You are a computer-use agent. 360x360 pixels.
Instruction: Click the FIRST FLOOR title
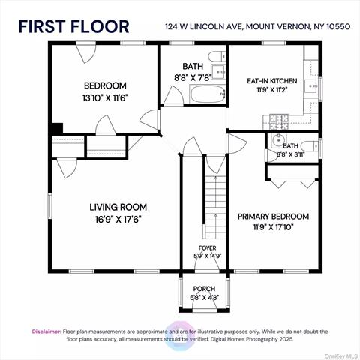(73, 27)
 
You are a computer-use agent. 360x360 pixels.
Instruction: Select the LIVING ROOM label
(118, 207)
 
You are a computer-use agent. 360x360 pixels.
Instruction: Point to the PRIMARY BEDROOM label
(273, 217)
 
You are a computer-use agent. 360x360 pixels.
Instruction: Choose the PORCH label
(203, 289)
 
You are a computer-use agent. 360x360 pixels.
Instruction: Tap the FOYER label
(207, 248)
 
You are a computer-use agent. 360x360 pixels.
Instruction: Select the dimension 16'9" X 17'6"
(118, 220)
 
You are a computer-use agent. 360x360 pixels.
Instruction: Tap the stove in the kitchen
(278, 118)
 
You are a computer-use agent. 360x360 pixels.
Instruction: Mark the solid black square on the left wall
(55, 128)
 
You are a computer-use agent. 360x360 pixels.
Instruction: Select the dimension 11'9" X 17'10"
(273, 229)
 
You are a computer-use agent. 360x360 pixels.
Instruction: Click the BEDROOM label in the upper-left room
(104, 85)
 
